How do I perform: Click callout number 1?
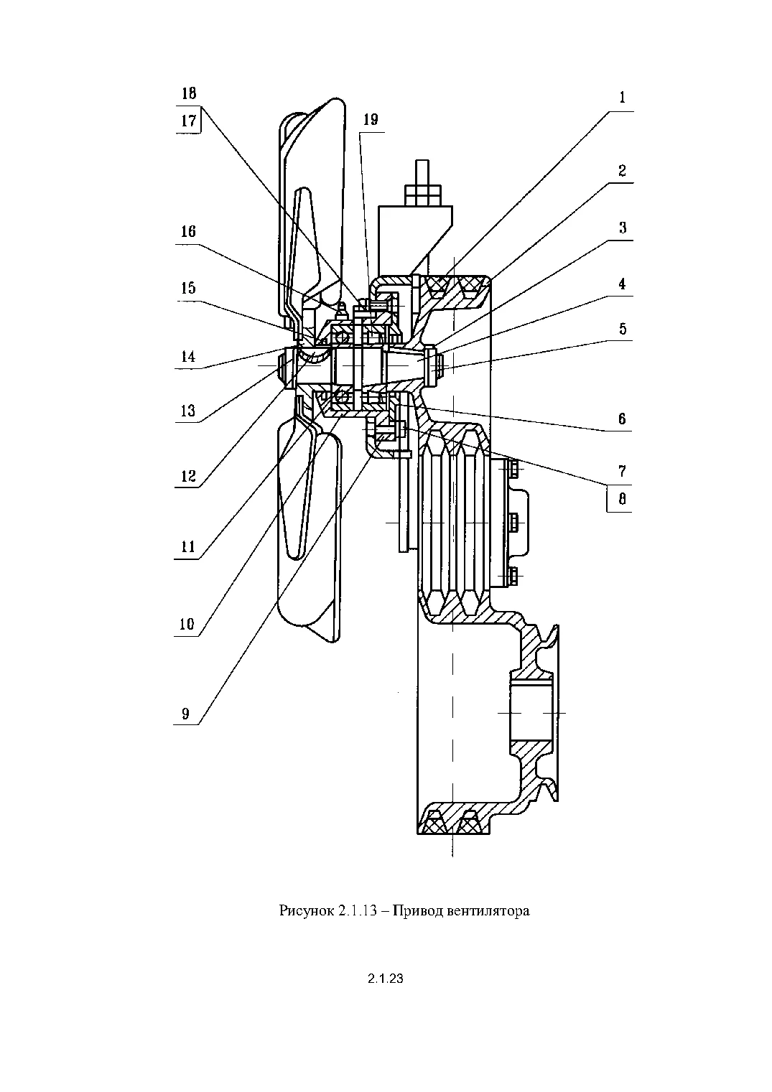[622, 98]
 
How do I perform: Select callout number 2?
[622, 171]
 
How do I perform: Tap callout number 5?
[623, 329]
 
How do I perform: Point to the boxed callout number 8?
[623, 499]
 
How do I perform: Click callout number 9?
[185, 714]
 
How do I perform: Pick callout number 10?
[187, 624]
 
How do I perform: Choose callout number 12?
[188, 476]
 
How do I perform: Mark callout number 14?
[188, 357]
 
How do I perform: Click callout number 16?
[188, 231]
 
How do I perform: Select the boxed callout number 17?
[188, 121]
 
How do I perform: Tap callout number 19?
[371, 119]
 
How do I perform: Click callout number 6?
[622, 419]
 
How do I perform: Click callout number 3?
[623, 228]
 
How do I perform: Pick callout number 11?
[188, 546]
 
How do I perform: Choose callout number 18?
[189, 93]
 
